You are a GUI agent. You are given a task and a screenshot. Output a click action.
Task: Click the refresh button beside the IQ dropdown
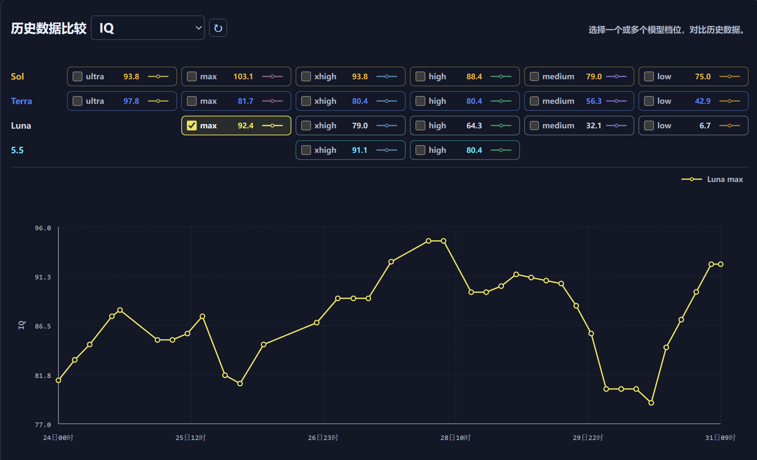coord(218,28)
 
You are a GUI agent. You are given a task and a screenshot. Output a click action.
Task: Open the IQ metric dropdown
coord(148,28)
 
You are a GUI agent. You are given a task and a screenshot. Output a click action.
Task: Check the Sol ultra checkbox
coord(77,76)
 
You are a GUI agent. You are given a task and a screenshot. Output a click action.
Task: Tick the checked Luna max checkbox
coord(192,126)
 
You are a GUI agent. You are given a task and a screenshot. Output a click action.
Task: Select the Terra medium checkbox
coord(534,101)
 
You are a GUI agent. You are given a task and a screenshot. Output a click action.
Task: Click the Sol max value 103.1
coord(243,76)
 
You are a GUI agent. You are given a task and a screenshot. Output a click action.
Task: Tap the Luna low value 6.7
coord(705,126)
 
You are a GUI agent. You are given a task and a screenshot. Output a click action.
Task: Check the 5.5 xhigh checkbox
coord(306,150)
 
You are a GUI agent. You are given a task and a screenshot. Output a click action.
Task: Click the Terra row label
coord(21,101)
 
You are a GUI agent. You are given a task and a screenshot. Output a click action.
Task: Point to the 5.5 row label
coord(17,150)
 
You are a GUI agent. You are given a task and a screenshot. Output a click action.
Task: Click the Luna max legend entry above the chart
coord(712,179)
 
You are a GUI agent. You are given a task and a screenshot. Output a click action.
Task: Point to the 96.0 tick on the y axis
coord(43,228)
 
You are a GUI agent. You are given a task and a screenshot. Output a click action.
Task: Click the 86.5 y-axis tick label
coord(43,326)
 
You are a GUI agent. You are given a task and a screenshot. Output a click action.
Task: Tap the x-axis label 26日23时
coord(323,438)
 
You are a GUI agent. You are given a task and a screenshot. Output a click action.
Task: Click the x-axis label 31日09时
coord(720,438)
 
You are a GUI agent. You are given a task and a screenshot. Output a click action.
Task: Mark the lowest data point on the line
coord(651,403)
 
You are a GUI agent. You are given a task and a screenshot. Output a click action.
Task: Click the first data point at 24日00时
coord(59,380)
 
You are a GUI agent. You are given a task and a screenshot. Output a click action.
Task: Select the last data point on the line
coord(721,264)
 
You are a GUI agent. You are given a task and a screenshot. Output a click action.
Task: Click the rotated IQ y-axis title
coord(21,325)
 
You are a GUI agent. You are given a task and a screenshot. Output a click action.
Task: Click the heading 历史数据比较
coord(49,28)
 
